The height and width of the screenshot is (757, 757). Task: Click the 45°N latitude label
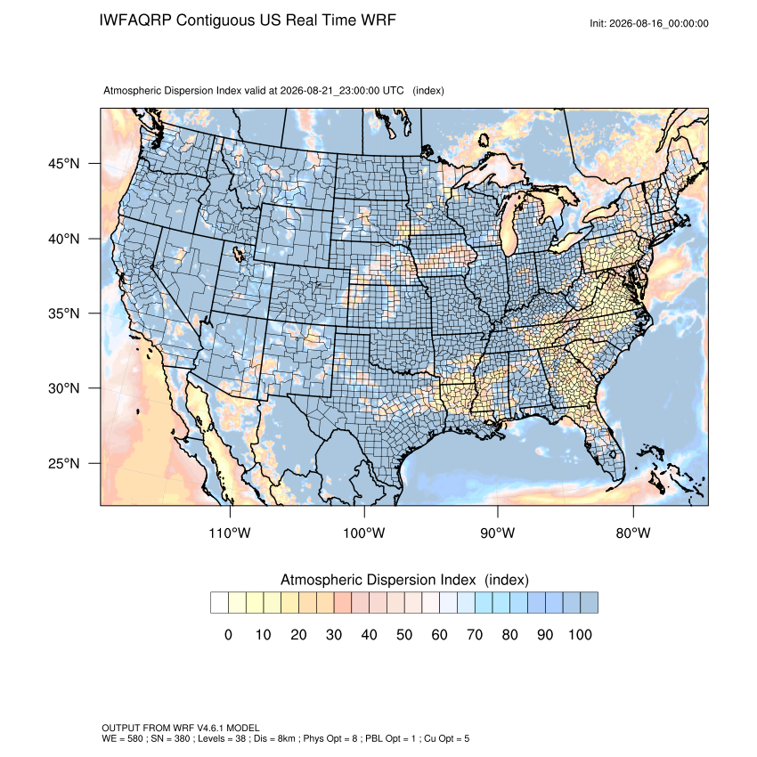tap(64, 164)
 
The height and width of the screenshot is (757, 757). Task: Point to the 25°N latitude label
tap(64, 463)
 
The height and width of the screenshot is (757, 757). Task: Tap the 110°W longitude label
tap(230, 533)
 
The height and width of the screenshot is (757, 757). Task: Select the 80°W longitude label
tap(633, 533)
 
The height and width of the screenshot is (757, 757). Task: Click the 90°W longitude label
tap(498, 533)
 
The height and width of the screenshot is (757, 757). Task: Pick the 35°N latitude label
tap(64, 313)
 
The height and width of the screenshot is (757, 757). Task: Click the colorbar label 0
tap(228, 634)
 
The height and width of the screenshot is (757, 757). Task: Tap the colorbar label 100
tap(580, 634)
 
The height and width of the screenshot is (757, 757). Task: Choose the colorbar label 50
tap(404, 634)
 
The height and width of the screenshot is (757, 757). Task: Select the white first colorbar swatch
tap(219, 603)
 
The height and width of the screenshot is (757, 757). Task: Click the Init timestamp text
tap(649, 23)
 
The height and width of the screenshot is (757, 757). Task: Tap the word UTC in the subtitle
tap(393, 90)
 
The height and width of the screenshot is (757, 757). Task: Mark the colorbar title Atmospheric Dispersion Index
tap(378, 580)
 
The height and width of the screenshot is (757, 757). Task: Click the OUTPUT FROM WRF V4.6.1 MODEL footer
tap(181, 728)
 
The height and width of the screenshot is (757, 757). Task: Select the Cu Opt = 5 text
tap(446, 738)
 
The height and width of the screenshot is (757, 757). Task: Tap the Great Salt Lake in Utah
tap(238, 254)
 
